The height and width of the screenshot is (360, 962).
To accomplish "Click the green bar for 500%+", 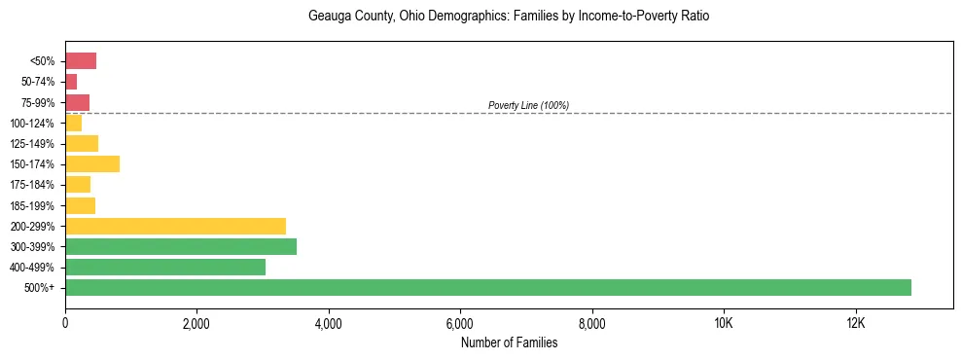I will pos(486,287).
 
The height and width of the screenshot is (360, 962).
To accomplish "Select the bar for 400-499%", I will pos(165,267).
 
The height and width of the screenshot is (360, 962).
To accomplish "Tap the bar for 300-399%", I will pos(181,246).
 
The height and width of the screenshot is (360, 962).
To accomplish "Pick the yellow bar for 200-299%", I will pos(175,226).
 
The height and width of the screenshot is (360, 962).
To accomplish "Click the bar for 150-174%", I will pos(92,163).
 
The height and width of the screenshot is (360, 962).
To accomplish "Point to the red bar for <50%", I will pos(81,60).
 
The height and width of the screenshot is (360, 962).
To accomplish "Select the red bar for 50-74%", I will pos(71,81).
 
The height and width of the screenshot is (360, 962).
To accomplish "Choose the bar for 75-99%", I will pos(77,102).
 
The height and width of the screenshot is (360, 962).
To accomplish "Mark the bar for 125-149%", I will pos(82,143).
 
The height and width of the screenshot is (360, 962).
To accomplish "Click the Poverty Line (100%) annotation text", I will pos(528,105).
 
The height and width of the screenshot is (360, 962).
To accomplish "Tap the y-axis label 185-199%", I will pos(32,205).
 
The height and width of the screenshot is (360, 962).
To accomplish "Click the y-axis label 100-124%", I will pos(32,123).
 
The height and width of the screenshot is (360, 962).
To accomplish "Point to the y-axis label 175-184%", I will pos(32,185).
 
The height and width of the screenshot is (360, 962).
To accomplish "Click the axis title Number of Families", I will pos(509,342).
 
